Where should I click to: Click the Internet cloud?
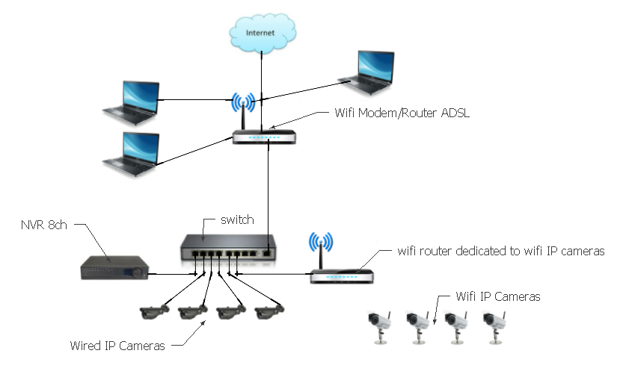[x=261, y=33]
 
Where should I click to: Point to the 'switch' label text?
[x=237, y=221]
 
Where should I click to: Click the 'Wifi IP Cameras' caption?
[x=497, y=296]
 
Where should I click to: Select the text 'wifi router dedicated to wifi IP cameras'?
[x=500, y=252]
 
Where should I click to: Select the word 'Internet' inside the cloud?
[x=261, y=33]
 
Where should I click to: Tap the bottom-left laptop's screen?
[x=139, y=150]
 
